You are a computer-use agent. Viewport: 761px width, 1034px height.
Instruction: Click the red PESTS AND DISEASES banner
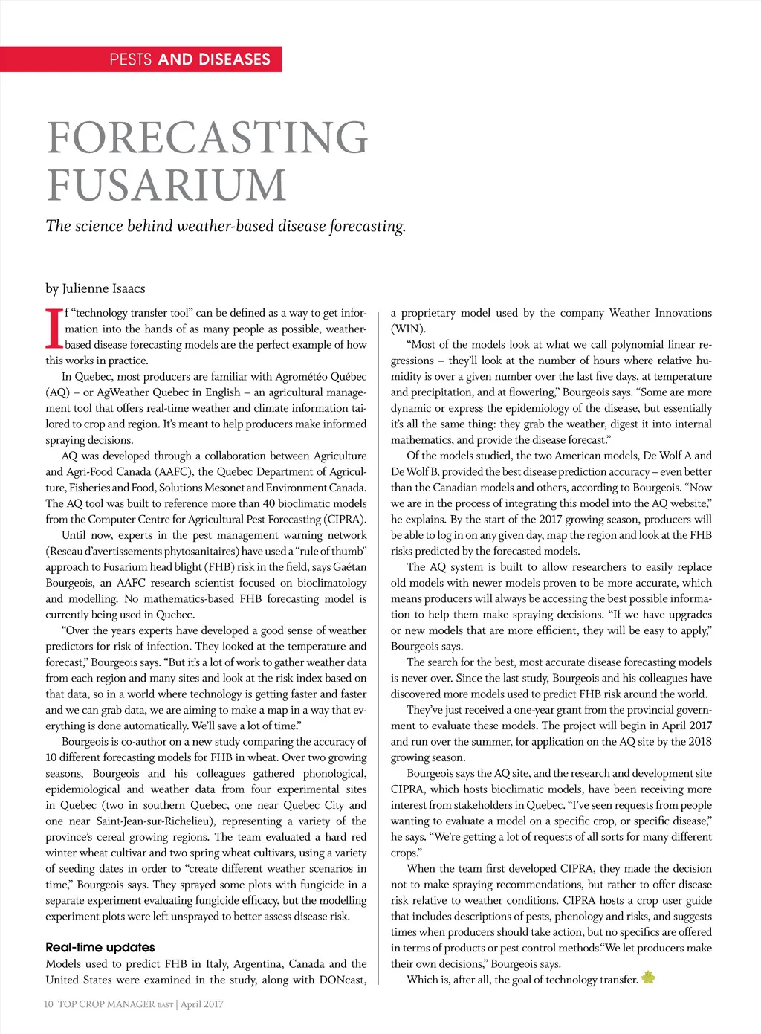141,59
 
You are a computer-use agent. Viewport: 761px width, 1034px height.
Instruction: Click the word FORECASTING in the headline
207,138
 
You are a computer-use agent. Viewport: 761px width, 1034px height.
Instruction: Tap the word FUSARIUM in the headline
166,185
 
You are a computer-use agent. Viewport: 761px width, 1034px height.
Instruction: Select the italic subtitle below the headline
226,226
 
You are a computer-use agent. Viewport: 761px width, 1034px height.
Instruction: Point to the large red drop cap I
53,329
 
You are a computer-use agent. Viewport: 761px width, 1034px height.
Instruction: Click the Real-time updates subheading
100,947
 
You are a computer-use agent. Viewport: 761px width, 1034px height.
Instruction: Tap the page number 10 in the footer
48,1004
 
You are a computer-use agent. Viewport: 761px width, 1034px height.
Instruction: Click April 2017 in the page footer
202,1004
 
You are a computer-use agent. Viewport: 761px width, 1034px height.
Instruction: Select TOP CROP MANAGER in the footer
106,1004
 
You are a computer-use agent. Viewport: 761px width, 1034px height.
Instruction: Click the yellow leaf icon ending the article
648,978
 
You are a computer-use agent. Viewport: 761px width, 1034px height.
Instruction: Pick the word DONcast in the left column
343,980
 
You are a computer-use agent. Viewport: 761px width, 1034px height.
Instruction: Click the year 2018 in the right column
699,742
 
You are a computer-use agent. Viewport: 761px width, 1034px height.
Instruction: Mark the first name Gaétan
350,567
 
